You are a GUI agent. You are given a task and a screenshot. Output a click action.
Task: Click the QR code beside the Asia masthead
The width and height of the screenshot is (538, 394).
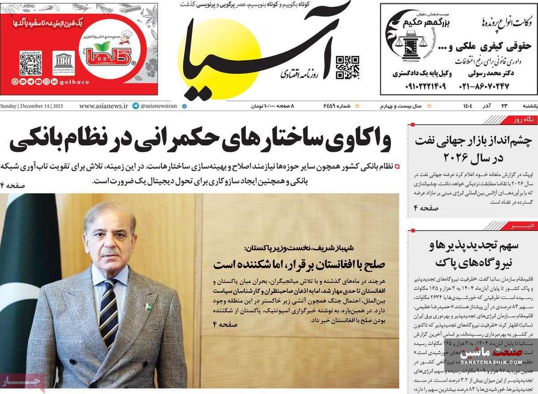[x=347, y=67]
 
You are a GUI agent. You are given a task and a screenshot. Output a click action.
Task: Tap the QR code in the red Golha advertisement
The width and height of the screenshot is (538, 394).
[x=30, y=63]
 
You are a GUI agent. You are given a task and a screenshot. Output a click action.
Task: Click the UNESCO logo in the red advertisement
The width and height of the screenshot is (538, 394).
[x=64, y=63]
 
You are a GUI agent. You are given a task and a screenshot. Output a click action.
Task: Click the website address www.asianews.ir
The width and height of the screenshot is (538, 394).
[x=104, y=106]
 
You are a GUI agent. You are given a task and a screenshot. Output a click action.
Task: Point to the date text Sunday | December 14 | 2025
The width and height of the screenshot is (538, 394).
[x=32, y=106]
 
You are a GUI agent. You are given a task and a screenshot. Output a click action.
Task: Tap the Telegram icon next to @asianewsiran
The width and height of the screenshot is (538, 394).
[x=135, y=106]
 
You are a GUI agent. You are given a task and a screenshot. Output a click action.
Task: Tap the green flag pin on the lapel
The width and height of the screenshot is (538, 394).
[x=149, y=307]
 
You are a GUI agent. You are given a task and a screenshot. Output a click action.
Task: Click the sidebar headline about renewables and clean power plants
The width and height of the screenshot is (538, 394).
[x=473, y=253]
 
